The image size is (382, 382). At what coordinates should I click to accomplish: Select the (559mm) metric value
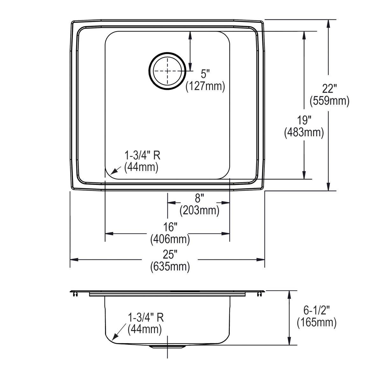coord(329,101)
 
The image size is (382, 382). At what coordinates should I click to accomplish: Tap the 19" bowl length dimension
coord(304,120)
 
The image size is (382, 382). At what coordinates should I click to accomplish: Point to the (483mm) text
coord(304,133)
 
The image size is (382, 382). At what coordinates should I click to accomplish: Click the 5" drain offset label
coord(205,74)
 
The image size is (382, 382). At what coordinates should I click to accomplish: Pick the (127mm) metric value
coord(205,86)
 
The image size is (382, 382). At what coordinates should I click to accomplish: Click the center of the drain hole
coord(166,71)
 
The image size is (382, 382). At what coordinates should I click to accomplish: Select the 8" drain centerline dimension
coord(199,199)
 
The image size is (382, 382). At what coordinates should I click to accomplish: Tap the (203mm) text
coord(199,210)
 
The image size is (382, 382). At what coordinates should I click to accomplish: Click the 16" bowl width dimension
coord(170,227)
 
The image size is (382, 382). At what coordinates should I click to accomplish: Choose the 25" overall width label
coord(170,254)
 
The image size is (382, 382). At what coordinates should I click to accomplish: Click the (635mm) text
coord(170,266)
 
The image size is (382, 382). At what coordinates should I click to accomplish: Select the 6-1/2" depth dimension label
coord(316,310)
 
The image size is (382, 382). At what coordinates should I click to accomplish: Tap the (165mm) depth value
coord(316,322)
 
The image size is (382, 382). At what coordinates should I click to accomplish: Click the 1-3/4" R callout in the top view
coord(142,156)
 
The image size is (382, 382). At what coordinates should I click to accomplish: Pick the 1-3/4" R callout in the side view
coord(145,317)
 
